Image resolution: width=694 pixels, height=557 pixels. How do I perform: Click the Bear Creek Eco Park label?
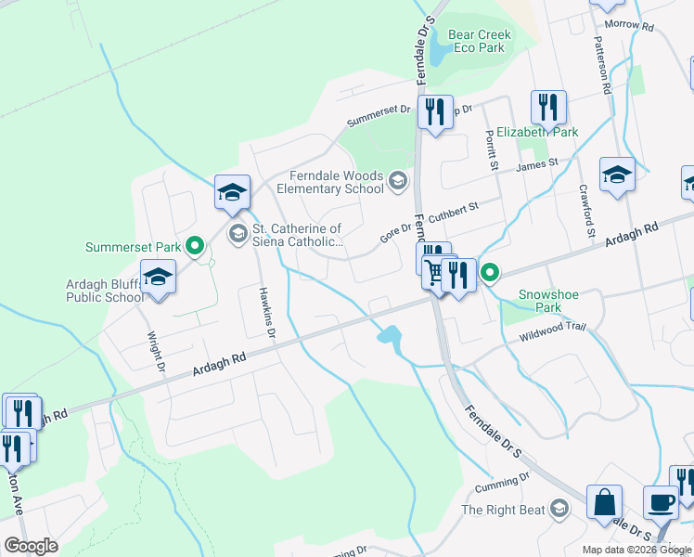tap(479, 42)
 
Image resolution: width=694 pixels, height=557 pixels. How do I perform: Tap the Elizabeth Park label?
tap(537, 133)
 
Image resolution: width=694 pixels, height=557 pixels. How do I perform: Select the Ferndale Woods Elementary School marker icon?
tap(398, 180)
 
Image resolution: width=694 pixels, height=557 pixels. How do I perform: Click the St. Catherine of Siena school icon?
tap(238, 233)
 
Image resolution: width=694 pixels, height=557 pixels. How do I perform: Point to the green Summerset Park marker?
tap(194, 247)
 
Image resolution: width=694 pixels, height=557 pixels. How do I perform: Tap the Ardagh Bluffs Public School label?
tap(104, 291)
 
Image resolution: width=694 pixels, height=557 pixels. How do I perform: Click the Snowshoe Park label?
tap(548, 301)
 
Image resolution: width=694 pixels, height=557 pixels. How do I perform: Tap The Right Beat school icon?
tap(559, 509)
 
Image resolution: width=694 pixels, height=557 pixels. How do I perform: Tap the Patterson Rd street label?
tap(601, 66)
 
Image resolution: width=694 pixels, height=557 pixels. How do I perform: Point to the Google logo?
tap(31, 546)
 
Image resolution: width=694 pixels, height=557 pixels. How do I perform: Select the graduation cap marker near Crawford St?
tap(617, 175)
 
